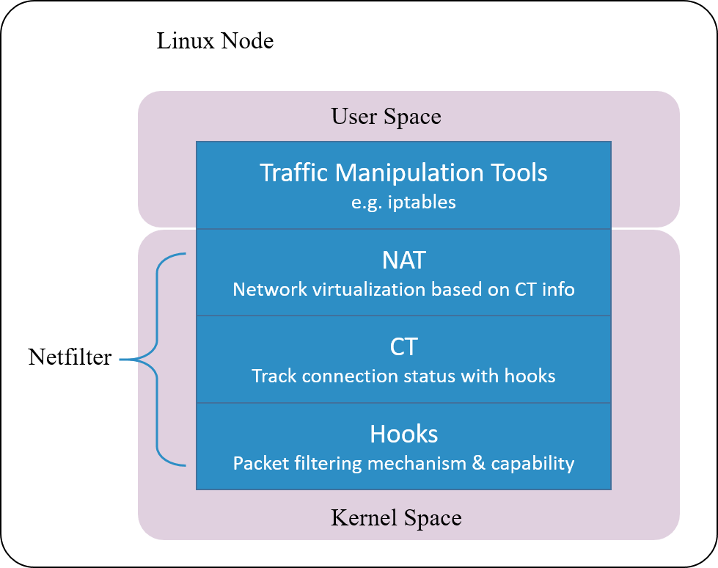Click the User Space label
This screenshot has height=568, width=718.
[x=386, y=117]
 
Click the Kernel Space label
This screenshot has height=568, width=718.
[x=396, y=518]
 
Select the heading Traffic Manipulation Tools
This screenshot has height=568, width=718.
[x=403, y=173]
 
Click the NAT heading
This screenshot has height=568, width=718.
[x=403, y=261]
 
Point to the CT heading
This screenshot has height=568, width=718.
[x=403, y=347]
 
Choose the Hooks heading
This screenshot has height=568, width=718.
[x=403, y=434]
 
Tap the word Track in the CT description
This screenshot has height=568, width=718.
[x=274, y=376]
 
